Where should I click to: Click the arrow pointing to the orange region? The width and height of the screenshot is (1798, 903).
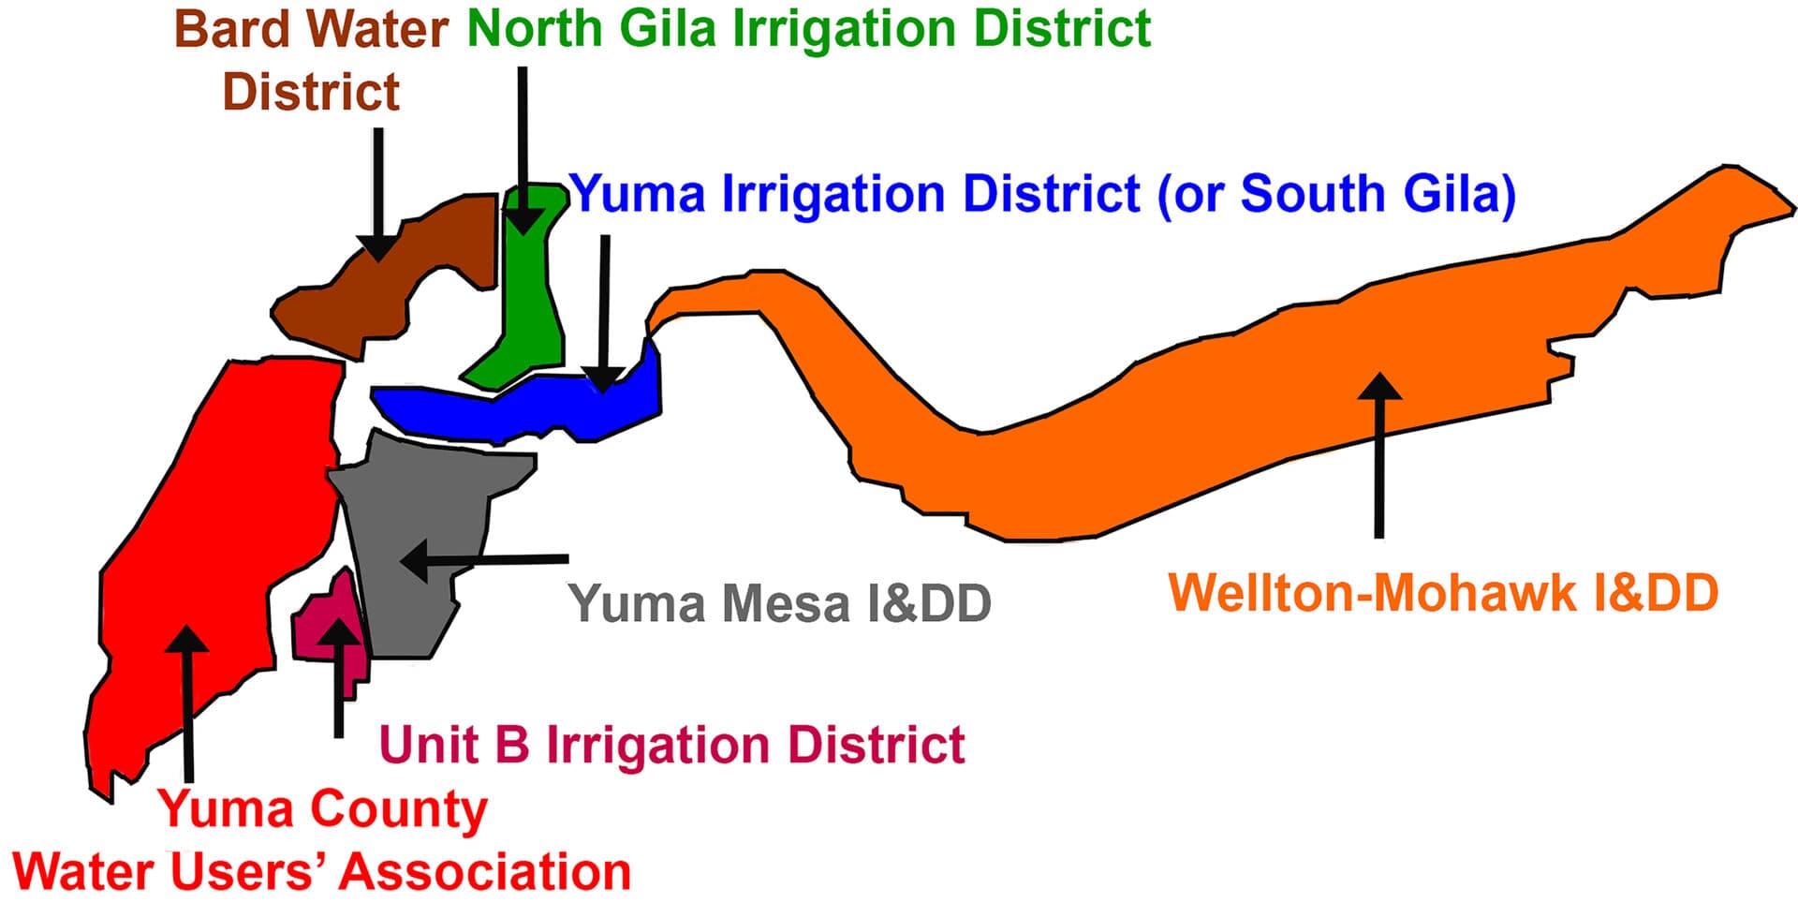point(1378,454)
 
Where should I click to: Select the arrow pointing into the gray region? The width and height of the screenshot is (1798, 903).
point(483,560)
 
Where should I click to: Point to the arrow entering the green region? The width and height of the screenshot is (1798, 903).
point(523,150)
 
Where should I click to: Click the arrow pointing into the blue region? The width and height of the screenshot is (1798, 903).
point(604,314)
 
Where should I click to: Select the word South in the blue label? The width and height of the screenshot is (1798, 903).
point(1314,194)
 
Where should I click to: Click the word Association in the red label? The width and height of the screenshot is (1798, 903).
point(485,871)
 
